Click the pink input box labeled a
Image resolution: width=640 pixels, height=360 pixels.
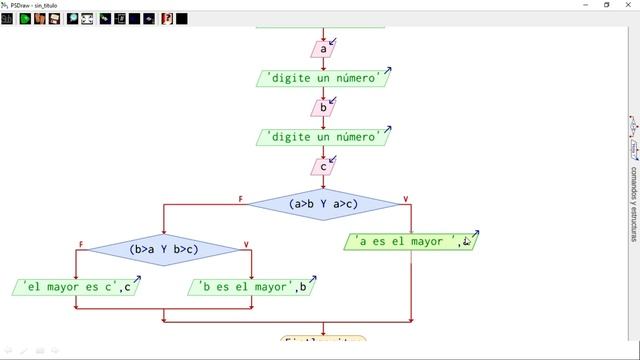[322, 48]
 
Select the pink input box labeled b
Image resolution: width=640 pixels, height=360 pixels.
[322, 107]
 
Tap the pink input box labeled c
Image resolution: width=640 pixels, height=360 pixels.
[322, 166]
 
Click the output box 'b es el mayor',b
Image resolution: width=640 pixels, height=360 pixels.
[252, 288]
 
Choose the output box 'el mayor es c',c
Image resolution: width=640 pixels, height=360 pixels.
[76, 288]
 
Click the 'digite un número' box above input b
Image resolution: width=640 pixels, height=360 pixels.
[322, 77]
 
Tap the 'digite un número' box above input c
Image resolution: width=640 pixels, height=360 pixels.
[322, 136]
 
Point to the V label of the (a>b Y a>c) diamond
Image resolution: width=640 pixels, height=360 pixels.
[405, 198]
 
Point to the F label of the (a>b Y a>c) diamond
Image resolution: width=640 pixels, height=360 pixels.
[241, 198]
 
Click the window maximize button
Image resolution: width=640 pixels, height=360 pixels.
[607, 5]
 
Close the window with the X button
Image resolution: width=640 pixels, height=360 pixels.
[630, 5]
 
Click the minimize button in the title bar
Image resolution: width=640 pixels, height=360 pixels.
[583, 5]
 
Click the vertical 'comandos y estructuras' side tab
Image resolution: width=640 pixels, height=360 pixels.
[634, 186]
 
